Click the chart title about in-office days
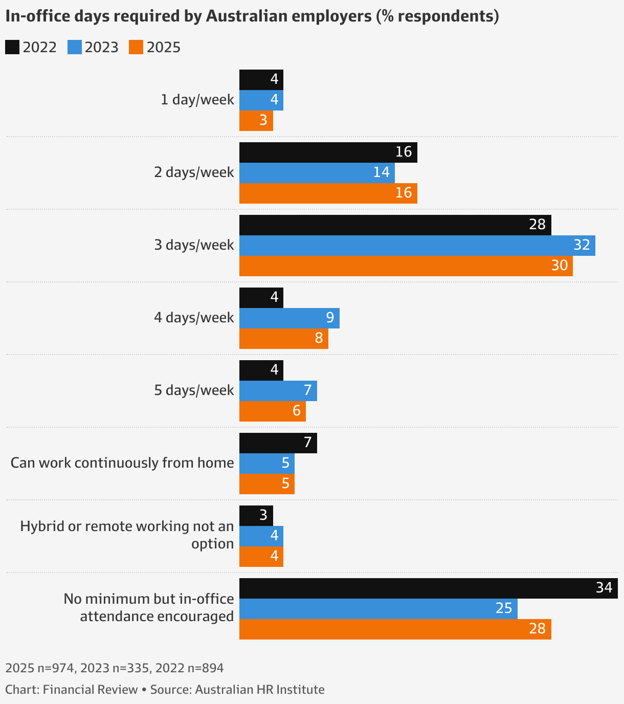point(252,16)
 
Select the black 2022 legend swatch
point(12,47)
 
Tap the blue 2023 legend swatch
point(75,47)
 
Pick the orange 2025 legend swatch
point(136,47)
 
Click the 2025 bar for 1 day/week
point(256,121)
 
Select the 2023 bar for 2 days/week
point(317,173)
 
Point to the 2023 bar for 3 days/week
point(417,246)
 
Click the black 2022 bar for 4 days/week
point(261,298)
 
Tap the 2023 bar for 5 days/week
point(278,391)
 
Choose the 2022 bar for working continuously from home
point(278,443)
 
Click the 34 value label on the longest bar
point(604,588)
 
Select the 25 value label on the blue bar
point(504,608)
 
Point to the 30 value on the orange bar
point(560,266)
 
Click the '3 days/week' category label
point(194,245)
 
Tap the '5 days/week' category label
point(194,390)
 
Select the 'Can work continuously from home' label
point(122,463)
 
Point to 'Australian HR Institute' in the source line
point(260,690)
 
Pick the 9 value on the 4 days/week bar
point(330,318)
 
